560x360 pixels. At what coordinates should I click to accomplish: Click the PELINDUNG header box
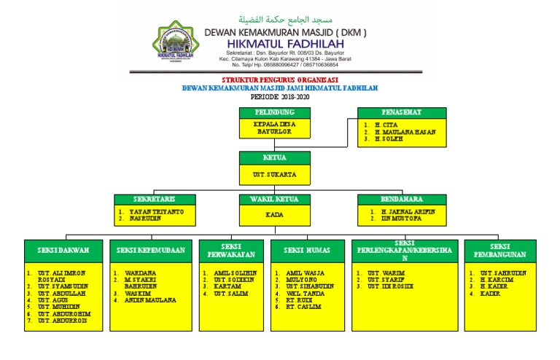coord(274,112)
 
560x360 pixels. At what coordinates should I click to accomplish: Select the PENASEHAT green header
coord(401,112)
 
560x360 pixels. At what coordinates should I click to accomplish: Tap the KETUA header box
coord(274,157)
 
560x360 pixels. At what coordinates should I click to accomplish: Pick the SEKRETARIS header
coord(154,199)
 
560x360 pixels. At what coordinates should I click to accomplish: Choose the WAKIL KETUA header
coord(274,199)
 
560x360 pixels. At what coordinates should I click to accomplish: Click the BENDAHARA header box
coord(401,199)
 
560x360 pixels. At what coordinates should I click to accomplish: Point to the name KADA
coord(274,215)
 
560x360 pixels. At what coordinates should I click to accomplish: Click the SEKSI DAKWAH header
coord(63,250)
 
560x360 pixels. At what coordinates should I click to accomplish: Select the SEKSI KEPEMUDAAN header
coord(151,250)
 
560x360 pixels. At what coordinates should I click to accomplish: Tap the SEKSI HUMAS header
coord(308,250)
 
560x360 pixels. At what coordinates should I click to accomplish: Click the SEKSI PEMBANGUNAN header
coord(499,250)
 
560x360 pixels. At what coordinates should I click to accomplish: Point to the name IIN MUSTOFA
coord(402,218)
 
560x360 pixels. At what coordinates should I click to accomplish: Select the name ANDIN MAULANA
coord(150,300)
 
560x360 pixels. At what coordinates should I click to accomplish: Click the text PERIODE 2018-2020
coord(279,96)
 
